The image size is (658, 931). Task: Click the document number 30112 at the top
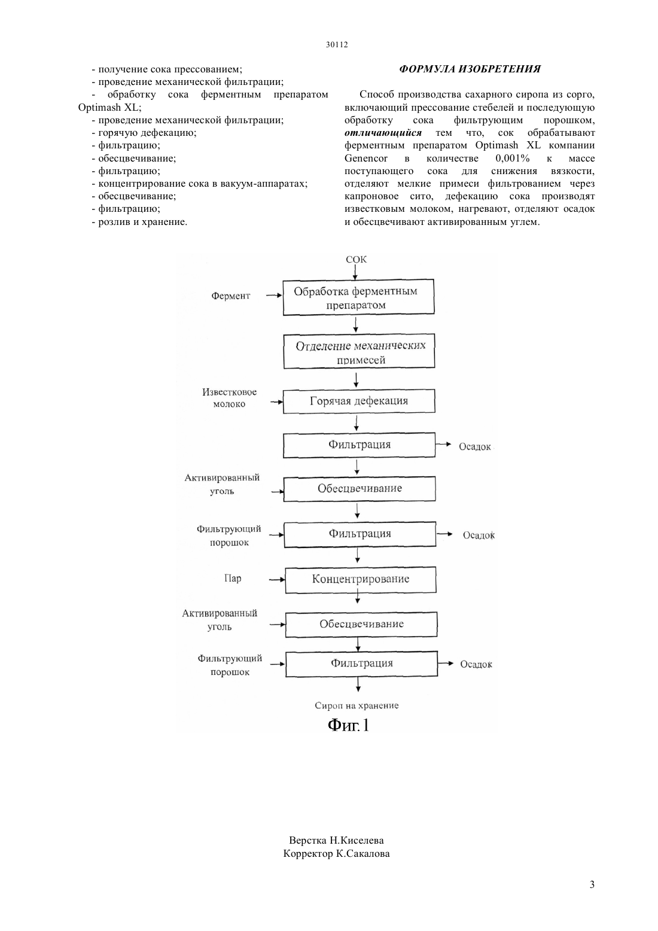(x=336, y=44)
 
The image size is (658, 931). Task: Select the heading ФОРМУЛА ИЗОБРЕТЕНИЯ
(x=470, y=69)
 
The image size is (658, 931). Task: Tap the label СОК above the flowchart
(x=356, y=259)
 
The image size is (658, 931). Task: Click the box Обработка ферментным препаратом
(x=358, y=297)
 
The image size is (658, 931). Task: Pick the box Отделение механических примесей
(x=360, y=351)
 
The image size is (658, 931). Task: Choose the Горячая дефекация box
(x=359, y=401)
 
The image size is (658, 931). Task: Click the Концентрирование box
(x=361, y=579)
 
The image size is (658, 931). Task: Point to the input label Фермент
(x=230, y=296)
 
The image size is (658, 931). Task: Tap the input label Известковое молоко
(x=229, y=398)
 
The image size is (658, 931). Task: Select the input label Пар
(x=233, y=579)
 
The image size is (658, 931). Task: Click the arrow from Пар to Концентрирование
(x=277, y=579)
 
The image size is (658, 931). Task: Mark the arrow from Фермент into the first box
(x=274, y=296)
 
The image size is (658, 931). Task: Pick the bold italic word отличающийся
(x=383, y=133)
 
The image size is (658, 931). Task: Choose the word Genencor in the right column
(x=366, y=159)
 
